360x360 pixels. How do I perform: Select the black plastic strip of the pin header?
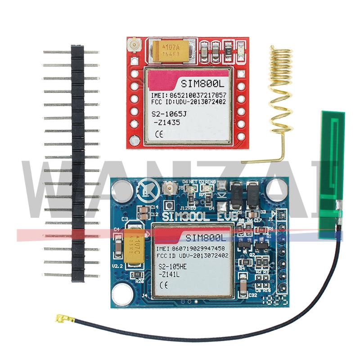click(x=77, y=162)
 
